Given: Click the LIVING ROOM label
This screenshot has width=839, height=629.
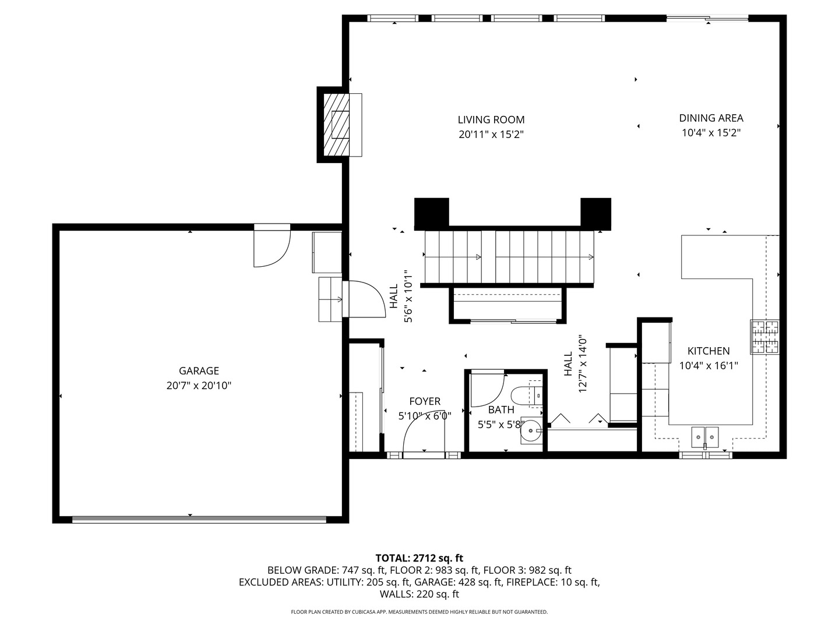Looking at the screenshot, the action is pyautogui.click(x=491, y=119).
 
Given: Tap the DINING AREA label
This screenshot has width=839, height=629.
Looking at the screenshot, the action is pyautogui.click(x=711, y=118).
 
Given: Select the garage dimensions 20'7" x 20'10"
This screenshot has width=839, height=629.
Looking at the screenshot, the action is pyautogui.click(x=199, y=386).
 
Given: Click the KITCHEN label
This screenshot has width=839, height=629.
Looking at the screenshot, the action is pyautogui.click(x=708, y=351).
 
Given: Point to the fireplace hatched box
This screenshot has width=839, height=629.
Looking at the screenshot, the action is pyautogui.click(x=336, y=125).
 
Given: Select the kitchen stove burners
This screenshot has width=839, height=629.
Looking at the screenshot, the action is pyautogui.click(x=764, y=337).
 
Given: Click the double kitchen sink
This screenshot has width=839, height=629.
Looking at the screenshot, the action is pyautogui.click(x=705, y=437).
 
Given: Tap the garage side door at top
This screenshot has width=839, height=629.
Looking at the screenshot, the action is pyautogui.click(x=272, y=246).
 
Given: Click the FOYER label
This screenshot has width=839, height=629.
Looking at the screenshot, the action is pyautogui.click(x=425, y=401).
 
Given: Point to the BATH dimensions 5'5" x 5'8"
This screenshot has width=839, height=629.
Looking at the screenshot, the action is pyautogui.click(x=500, y=424).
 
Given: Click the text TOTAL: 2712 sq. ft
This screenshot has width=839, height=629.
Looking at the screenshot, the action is pyautogui.click(x=419, y=558).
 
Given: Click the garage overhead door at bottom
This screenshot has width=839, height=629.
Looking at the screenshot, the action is pyautogui.click(x=199, y=520).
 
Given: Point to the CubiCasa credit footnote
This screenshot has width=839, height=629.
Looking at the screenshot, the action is pyautogui.click(x=419, y=612).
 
